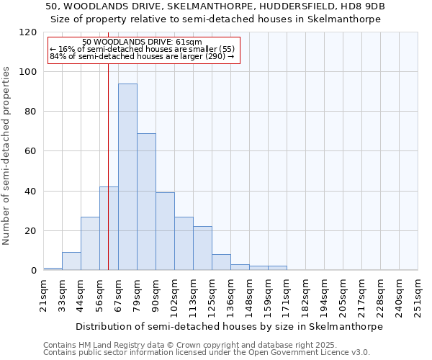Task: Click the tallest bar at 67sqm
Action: [x=127, y=177]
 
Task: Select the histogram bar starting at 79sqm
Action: [x=146, y=202]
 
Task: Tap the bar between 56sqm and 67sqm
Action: [x=109, y=228]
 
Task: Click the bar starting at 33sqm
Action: [x=71, y=261]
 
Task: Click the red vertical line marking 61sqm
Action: [x=108, y=144]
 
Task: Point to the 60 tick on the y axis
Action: [x=31, y=151]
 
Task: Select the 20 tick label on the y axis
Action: [x=31, y=231]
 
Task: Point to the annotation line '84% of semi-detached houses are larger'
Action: [x=142, y=56]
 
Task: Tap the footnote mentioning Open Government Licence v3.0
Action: [x=207, y=352]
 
